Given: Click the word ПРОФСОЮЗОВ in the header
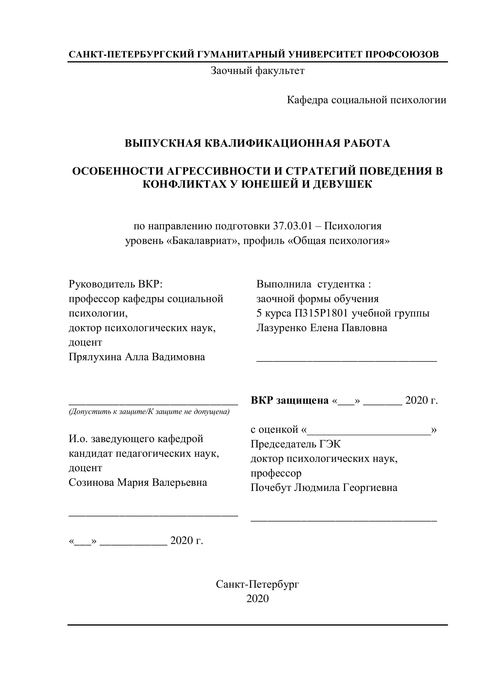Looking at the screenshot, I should click(x=402, y=54).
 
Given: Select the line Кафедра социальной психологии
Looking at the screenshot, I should click(x=366, y=100).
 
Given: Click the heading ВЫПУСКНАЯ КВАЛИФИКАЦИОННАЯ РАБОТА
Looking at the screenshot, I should click(x=257, y=143).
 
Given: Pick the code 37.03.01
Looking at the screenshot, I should click(x=293, y=226).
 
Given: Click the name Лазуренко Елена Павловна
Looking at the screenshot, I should click(x=322, y=328).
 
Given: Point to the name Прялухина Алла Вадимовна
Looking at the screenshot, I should click(x=137, y=357).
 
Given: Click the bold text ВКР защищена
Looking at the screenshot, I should click(x=289, y=400).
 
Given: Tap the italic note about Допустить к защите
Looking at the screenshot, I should click(x=149, y=412).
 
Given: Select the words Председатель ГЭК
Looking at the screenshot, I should click(x=296, y=444).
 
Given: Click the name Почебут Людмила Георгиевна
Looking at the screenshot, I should click(x=324, y=487).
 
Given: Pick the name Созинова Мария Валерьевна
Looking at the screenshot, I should click(x=138, y=483).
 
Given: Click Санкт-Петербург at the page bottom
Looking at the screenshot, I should click(x=257, y=584).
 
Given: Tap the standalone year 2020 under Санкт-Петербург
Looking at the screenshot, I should click(x=257, y=599).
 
